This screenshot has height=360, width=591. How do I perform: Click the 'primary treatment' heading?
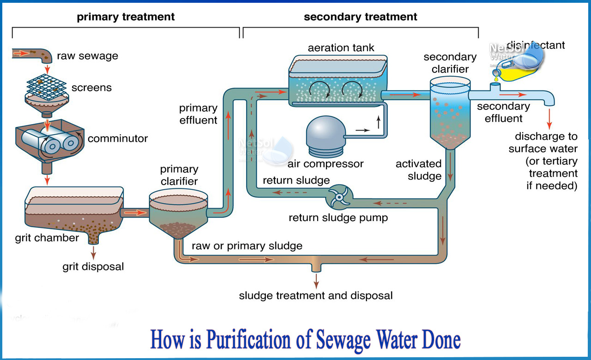tap(126, 17)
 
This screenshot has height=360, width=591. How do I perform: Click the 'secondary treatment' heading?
tap(360, 17)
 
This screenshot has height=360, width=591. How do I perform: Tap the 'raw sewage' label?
tap(87, 56)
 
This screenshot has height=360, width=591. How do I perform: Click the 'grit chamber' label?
tap(47, 238)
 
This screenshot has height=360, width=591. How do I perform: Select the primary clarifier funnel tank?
tap(178, 215)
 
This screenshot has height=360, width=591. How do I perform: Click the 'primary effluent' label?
tap(198, 114)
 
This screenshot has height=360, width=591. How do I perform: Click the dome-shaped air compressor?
tap(324, 134)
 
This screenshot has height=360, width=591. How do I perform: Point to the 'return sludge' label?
tap(296, 180)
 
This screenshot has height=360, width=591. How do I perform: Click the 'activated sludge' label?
tap(418, 170)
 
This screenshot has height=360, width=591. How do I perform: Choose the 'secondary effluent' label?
tap(503, 112)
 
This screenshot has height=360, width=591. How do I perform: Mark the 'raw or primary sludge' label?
tap(247, 246)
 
